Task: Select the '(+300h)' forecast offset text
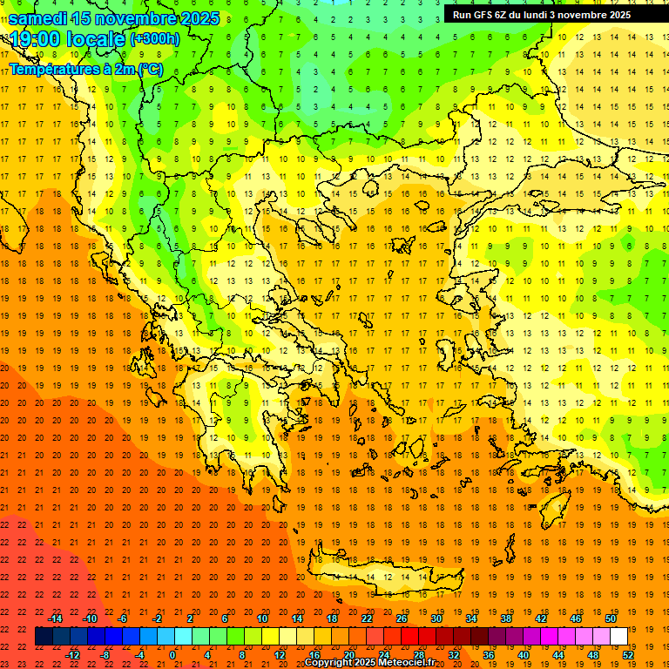(154, 39)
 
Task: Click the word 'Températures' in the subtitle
(50, 69)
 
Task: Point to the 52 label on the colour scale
(628, 654)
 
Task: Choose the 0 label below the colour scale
(173, 654)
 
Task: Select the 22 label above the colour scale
(367, 618)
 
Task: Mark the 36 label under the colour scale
(489, 654)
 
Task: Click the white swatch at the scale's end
(619, 636)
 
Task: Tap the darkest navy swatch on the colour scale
(44, 636)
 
